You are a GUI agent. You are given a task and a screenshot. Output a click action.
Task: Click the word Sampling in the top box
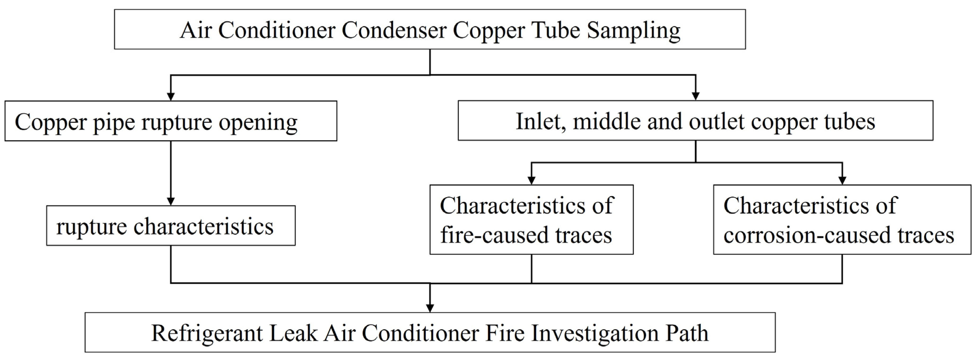633,30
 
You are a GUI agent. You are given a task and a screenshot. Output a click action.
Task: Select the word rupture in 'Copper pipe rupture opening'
176,122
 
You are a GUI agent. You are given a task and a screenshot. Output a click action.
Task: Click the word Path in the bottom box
686,333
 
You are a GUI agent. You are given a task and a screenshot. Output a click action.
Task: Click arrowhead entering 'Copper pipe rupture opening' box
171,96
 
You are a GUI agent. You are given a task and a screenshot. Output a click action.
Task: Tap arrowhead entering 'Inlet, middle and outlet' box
695,96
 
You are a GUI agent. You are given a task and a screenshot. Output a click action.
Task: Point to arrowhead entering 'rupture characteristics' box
171,201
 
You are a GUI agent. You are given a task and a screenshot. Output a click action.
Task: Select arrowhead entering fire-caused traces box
531,180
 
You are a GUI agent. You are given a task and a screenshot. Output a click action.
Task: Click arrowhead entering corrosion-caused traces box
842,180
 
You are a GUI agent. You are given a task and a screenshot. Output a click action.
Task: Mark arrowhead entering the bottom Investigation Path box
430,308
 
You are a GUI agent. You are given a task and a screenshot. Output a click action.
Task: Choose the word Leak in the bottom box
293,333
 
